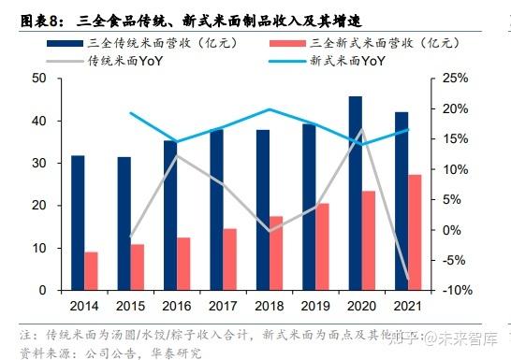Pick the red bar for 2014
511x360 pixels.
tap(91, 271)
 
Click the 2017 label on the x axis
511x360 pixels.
tap(223, 305)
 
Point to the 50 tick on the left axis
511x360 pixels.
tap(39, 79)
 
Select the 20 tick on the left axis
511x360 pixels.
tap(39, 206)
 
